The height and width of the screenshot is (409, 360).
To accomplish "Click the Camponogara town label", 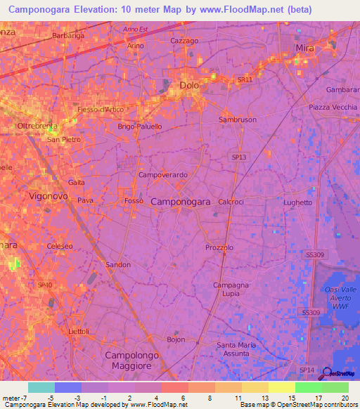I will point(181,202).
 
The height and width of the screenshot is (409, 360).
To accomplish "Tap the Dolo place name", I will point(190,85).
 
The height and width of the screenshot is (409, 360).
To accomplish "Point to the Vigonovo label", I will point(49,197).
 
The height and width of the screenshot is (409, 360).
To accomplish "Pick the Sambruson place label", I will point(238,119).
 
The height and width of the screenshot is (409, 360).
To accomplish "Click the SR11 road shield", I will point(244,80).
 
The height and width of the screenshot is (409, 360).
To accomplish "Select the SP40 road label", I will point(45,285).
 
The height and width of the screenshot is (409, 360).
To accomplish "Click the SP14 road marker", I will point(307,370).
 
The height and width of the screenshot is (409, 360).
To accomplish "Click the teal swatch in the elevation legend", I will point(41,387).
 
